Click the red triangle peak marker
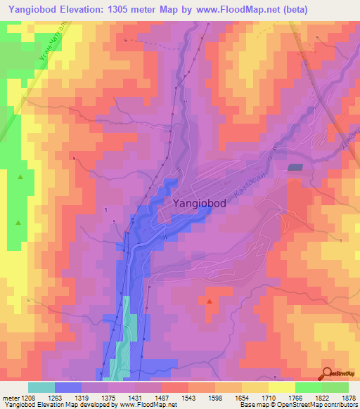[x=210, y=301]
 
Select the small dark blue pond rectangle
[x=294, y=167]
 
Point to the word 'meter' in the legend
[x=9, y=398]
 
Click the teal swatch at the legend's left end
[x=41, y=387]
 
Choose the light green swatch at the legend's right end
[x=335, y=387]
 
